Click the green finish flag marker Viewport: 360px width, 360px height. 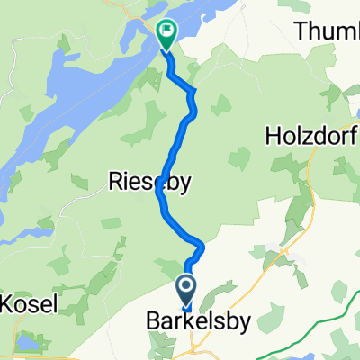click(166, 34)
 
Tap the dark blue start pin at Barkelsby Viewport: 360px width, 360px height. click(187, 290)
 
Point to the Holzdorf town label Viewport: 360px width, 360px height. click(310, 137)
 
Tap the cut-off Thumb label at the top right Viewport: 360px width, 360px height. click(328, 32)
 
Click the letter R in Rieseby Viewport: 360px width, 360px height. click(113, 183)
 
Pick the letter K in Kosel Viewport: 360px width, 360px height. click(8, 304)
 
